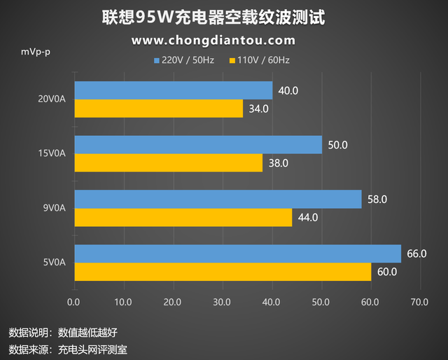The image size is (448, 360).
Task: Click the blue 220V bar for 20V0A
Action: (173, 90)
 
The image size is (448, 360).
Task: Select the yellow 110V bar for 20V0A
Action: (158, 109)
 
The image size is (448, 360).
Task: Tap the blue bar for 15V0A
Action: (197, 145)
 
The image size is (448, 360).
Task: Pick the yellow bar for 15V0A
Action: (168, 162)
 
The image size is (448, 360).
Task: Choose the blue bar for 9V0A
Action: (217, 199)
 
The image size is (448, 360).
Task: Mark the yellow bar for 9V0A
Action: (183, 217)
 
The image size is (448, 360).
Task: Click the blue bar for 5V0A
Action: (237, 254)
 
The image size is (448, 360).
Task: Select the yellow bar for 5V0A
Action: (223, 272)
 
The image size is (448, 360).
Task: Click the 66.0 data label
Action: (416, 254)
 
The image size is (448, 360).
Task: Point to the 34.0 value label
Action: (258, 109)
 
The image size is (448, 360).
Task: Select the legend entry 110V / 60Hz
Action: (258, 60)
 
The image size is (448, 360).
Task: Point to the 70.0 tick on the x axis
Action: (419, 302)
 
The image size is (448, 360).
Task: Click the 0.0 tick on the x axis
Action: (74, 302)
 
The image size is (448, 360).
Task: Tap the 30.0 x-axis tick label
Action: (222, 302)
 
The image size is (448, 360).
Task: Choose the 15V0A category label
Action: (52, 153)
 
